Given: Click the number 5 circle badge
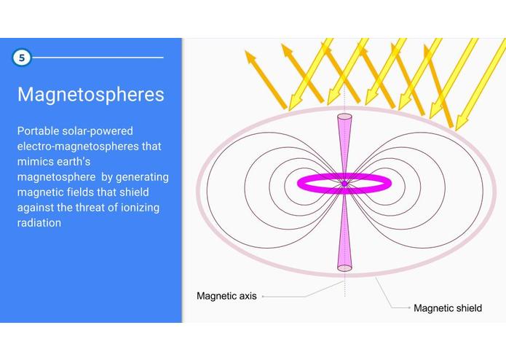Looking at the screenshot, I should pyautogui.click(x=22, y=58).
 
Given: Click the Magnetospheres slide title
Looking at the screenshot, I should pyautogui.click(x=90, y=95).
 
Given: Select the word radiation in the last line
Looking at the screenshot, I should pyautogui.click(x=39, y=223).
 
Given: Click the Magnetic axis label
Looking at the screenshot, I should pyautogui.click(x=226, y=297).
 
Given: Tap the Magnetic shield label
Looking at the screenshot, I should pyautogui.click(x=448, y=308).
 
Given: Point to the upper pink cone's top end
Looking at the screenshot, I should pyautogui.click(x=344, y=116).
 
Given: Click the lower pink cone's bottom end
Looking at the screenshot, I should pyautogui.click(x=344, y=268).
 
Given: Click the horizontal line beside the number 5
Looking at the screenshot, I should pyautogui.click(x=98, y=57).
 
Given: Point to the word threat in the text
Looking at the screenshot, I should pyautogui.click(x=95, y=208).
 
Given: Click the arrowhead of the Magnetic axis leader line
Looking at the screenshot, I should pyautogui.click(x=264, y=297).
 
